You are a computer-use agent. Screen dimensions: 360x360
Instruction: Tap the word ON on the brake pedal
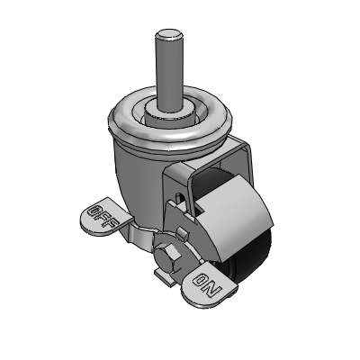point(208,284)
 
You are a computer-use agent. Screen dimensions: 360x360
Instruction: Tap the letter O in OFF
point(94,211)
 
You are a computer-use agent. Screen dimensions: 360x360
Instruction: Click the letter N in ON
point(214,290)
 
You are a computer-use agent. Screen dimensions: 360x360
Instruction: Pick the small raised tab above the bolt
point(183,232)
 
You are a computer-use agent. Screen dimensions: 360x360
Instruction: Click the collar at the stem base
point(168,115)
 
